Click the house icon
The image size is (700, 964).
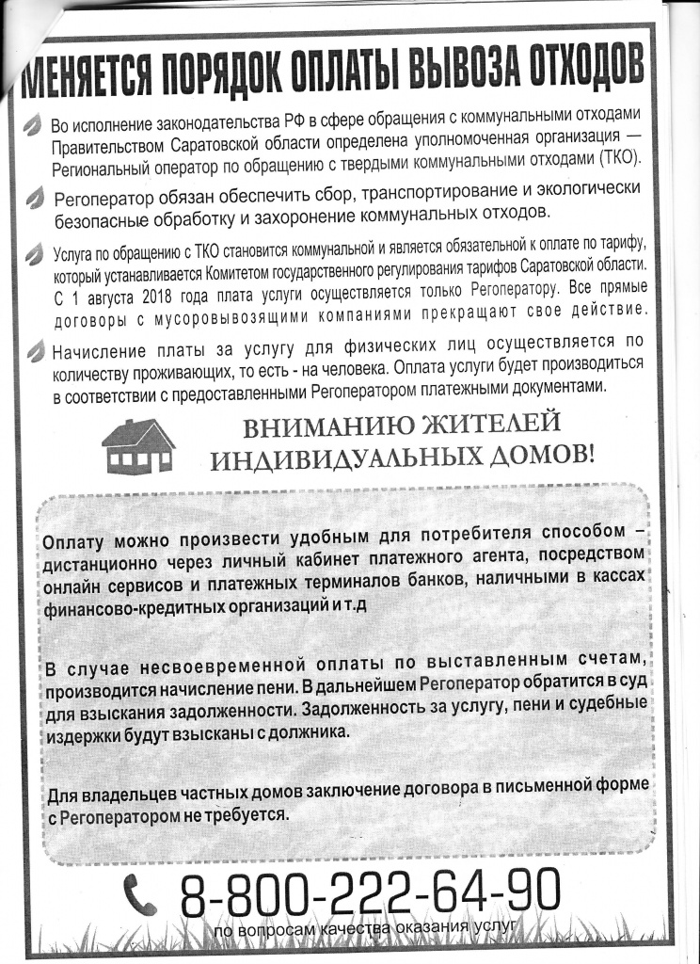point(138,445)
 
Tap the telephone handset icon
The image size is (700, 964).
point(140,895)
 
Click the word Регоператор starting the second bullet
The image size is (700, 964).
point(104,201)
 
